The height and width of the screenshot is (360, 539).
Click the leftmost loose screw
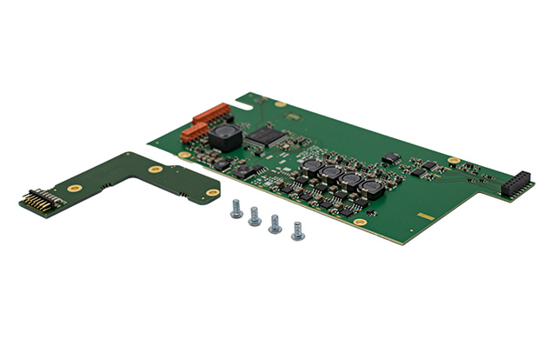pos(236,208)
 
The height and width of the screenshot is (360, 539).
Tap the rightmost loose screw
pos(297,231)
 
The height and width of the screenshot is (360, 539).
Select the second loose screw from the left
pos(255,217)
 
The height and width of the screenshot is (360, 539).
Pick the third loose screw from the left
pos(275,224)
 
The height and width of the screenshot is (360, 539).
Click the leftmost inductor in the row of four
pos(311,164)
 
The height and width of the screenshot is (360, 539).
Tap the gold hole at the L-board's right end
pos(211,192)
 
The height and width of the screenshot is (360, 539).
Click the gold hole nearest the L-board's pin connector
pos(75,187)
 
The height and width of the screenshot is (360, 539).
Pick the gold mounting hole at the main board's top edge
pos(280,104)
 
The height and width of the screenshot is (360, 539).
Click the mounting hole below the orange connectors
pos(184,155)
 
